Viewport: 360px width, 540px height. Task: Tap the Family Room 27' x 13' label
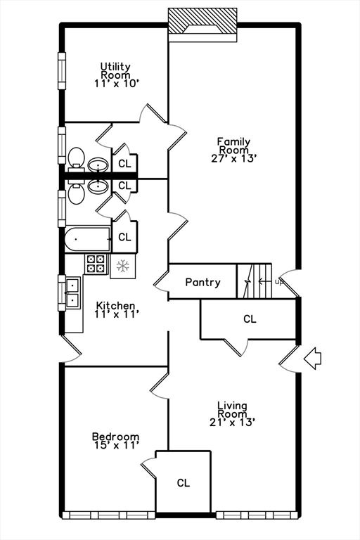(233, 149)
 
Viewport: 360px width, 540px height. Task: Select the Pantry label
(202, 283)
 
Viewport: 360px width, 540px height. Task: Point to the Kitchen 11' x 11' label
(116, 310)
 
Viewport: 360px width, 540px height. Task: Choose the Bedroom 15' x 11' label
(116, 441)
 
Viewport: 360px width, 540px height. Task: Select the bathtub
(88, 239)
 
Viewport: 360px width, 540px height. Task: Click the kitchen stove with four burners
(96, 264)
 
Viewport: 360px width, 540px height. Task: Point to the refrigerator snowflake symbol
(124, 266)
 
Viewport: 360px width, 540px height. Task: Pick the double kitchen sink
(72, 292)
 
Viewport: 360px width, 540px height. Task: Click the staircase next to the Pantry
(254, 281)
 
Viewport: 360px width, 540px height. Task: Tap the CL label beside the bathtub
(124, 238)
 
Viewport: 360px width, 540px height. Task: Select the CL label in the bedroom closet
(183, 483)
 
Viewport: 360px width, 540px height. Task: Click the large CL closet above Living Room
(250, 319)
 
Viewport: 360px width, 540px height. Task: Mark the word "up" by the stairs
(279, 283)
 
